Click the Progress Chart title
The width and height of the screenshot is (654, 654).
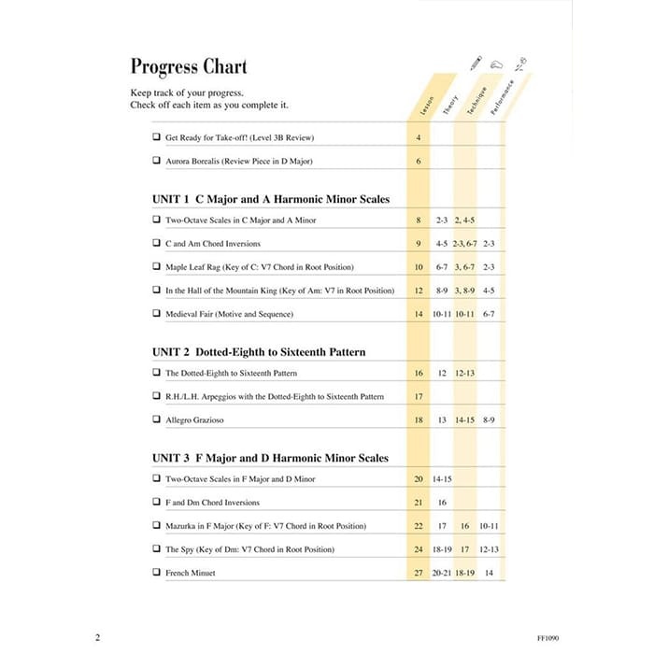[189, 67]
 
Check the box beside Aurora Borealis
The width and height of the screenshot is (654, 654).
[155, 161]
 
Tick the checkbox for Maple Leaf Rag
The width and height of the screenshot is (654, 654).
[155, 267]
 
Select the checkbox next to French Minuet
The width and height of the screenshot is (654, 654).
[155, 573]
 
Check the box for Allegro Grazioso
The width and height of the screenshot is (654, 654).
[155, 420]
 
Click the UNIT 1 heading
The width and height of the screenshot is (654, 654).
[270, 199]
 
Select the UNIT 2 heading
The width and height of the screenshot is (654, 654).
[258, 352]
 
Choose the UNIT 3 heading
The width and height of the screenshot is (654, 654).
[270, 458]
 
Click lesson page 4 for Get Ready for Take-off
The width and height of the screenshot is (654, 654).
[419, 137]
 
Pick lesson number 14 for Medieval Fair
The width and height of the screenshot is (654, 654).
[419, 315]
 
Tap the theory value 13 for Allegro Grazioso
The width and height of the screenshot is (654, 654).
[442, 420]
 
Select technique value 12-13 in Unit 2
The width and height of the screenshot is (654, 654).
[465, 373]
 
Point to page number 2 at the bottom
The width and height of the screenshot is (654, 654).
[97, 637]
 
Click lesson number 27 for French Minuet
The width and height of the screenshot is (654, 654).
[419, 573]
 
